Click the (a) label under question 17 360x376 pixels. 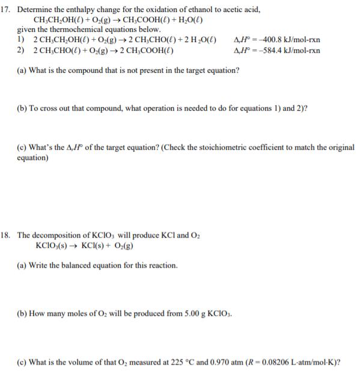pos(22,70)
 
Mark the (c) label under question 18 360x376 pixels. pos(22,363)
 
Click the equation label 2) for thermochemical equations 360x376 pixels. pos(21,50)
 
